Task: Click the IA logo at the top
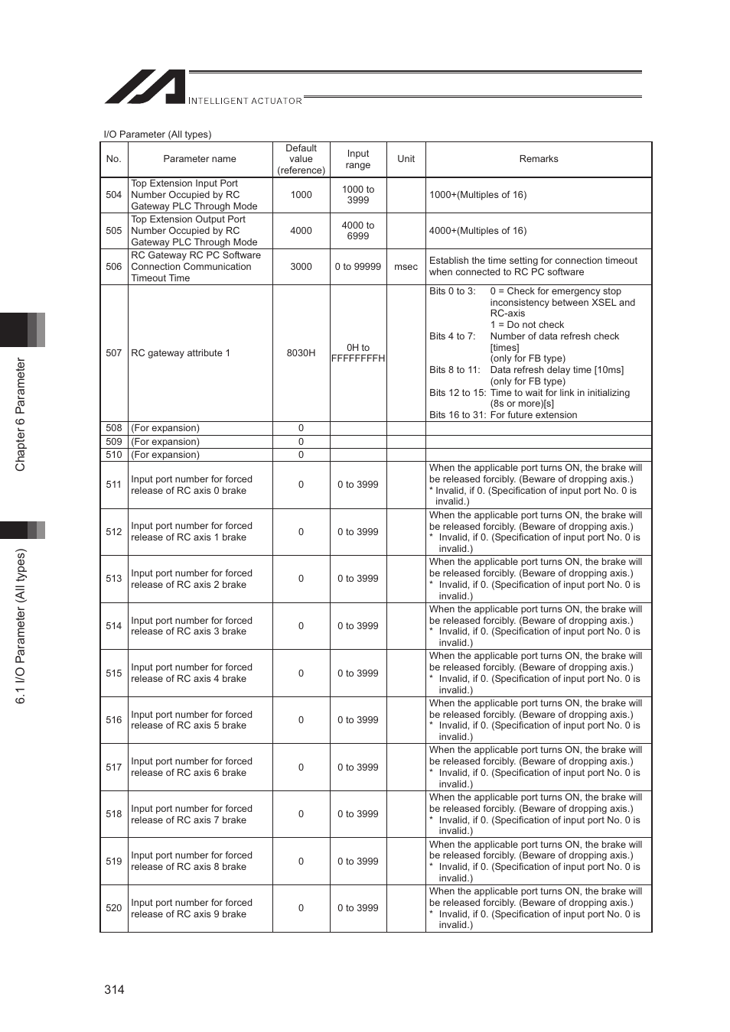click(145, 87)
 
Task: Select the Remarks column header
click(539, 159)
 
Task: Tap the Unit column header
click(406, 159)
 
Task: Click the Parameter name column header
click(200, 159)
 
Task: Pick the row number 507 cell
click(114, 353)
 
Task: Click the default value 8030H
click(301, 353)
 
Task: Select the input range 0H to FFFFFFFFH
click(358, 353)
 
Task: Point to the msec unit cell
click(406, 267)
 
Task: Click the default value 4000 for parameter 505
click(301, 231)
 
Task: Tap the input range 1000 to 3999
click(358, 195)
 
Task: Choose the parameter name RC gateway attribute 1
click(181, 353)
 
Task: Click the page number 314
click(114, 989)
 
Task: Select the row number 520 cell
click(114, 908)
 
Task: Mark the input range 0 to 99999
click(358, 267)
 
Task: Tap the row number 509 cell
click(114, 442)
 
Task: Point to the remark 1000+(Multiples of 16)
click(477, 195)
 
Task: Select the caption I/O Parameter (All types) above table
click(158, 135)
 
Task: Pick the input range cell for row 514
click(358, 626)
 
